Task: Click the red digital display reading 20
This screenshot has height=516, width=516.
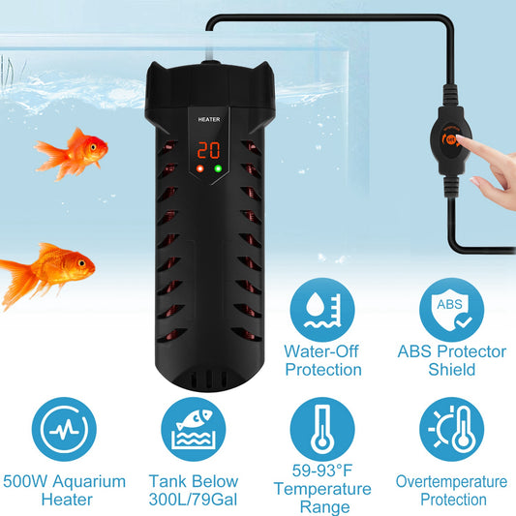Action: point(206,151)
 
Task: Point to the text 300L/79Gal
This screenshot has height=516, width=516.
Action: point(194,500)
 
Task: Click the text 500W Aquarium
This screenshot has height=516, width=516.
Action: point(63,481)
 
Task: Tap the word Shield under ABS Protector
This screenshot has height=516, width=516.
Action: point(451,370)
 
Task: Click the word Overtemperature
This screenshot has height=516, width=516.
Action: point(451,481)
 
